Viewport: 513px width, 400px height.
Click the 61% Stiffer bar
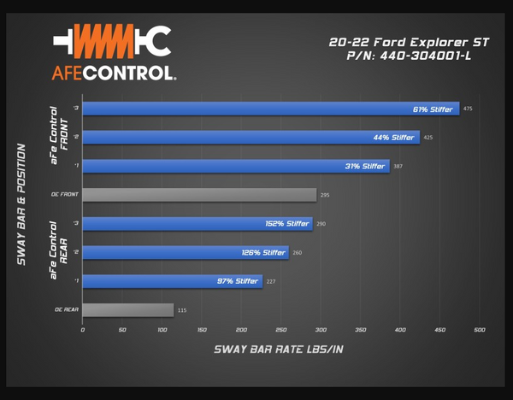[270, 109]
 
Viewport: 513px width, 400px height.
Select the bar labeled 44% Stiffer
[251, 137]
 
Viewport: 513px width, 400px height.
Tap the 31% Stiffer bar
[235, 166]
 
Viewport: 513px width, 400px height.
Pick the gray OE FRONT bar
[199, 195]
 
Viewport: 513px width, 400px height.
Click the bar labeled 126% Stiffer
[186, 252]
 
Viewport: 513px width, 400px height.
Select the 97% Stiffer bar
[172, 281]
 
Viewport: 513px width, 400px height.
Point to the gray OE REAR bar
[128, 309]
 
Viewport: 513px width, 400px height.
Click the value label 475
[468, 109]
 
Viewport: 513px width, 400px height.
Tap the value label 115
[182, 310]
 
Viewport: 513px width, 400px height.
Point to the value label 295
[325, 196]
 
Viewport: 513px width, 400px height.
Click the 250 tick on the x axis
[280, 330]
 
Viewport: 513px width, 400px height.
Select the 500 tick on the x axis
[479, 330]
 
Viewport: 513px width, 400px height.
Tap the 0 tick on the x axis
[83, 330]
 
